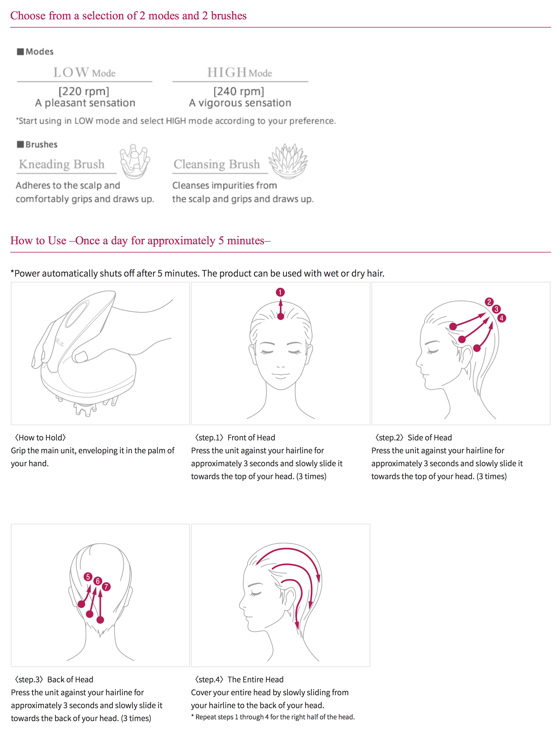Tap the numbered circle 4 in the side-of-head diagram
[501, 318]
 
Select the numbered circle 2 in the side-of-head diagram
[489, 302]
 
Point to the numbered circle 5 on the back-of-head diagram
[88, 577]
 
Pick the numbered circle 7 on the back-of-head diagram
[106, 587]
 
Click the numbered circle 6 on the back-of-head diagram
[98, 581]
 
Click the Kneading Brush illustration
[135, 161]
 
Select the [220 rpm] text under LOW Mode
[84, 91]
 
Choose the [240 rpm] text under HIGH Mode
[239, 91]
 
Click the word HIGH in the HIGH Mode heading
[227, 72]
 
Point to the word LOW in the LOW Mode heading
[71, 72]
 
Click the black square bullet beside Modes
[21, 51]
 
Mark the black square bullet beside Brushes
[21, 144]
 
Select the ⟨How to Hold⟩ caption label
[40, 437]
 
